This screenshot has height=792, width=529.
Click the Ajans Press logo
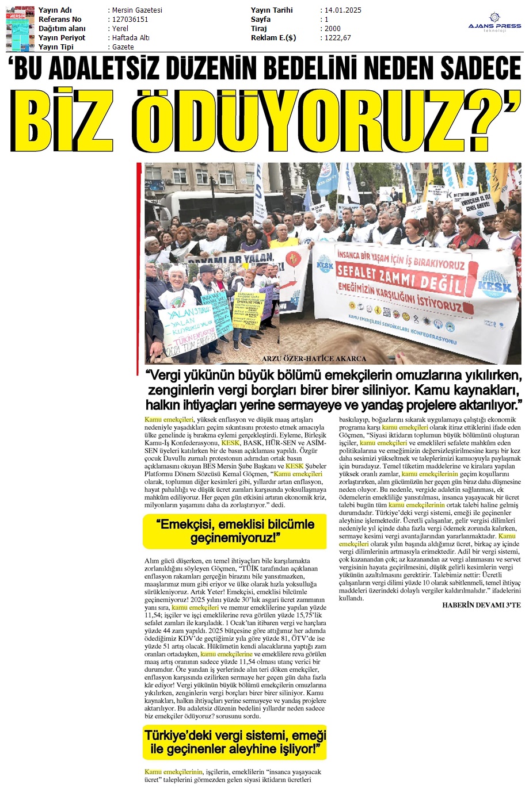[494, 22]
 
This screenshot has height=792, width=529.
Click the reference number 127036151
[130, 20]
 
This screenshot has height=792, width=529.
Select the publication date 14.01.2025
[343, 10]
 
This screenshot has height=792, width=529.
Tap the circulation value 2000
[333, 29]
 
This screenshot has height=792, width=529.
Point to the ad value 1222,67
[338, 38]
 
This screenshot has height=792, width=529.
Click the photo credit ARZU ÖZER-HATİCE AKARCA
[314, 359]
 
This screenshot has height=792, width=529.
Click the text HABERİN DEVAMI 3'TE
[481, 605]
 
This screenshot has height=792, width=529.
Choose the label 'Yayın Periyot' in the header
[62, 38]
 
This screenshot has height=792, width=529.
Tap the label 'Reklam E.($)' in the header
[273, 38]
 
